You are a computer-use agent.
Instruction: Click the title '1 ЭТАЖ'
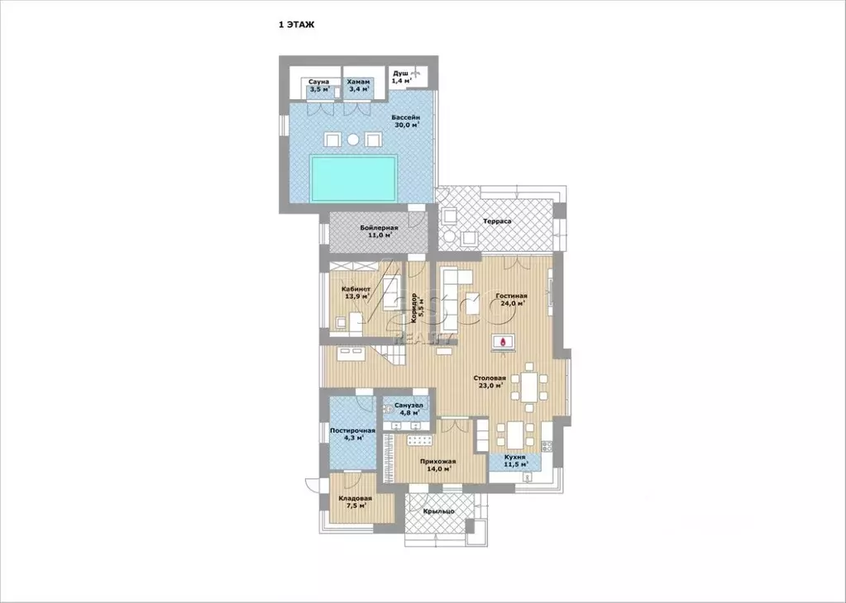coord(296,26)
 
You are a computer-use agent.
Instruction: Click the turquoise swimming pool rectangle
coord(353,178)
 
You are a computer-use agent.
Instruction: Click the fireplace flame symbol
coord(504,340)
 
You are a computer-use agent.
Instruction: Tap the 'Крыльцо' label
coord(438,511)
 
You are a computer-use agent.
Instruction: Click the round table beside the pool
coord(353,140)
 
